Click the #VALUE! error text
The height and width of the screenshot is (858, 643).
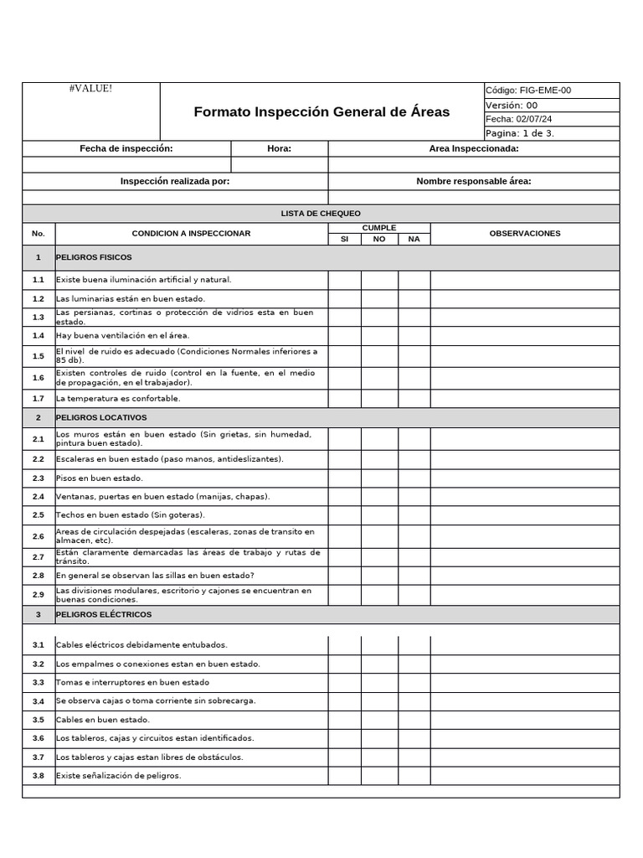click(x=90, y=89)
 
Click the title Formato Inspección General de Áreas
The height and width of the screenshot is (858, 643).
click(x=321, y=111)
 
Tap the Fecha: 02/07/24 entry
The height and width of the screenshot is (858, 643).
click(x=519, y=119)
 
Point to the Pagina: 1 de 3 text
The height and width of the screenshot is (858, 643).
click(x=520, y=133)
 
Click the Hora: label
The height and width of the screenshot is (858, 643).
click(x=279, y=148)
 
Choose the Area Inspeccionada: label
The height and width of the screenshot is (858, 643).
click(x=473, y=148)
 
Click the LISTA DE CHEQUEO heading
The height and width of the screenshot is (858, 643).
click(x=321, y=214)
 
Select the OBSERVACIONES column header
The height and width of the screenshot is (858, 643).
click(x=525, y=233)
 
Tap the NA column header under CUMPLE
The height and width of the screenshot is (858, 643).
click(x=414, y=239)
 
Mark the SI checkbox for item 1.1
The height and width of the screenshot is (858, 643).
click(x=344, y=280)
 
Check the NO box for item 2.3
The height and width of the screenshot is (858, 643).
click(x=379, y=478)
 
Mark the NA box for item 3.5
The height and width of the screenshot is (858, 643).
click(x=414, y=719)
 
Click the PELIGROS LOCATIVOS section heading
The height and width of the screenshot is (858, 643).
click(x=101, y=416)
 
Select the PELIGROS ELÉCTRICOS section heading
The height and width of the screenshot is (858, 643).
click(x=104, y=614)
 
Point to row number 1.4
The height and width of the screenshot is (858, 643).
click(x=39, y=335)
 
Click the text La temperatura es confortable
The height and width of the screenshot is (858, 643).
click(x=118, y=398)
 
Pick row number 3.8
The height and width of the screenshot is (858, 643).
click(x=39, y=775)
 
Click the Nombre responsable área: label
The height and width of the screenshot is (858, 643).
click(x=473, y=181)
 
